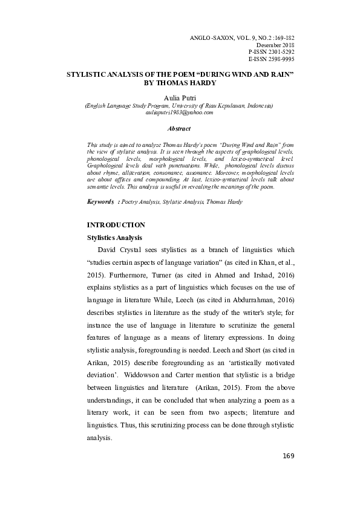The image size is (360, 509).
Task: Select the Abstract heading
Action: point(179,128)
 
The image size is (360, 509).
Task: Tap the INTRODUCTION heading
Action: point(116,225)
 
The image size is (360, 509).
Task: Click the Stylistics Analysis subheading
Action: point(115,238)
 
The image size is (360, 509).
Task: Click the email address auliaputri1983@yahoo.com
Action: point(180,112)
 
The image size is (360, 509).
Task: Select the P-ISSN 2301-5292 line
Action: point(271,53)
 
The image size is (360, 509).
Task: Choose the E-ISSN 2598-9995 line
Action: point(271,60)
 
